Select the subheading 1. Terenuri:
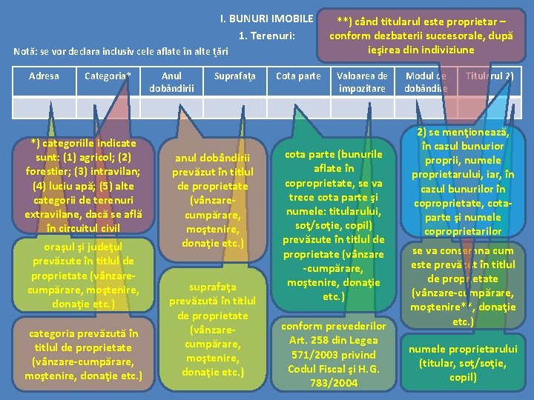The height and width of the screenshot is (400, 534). [x=267, y=36]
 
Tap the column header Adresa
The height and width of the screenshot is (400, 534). [x=43, y=76]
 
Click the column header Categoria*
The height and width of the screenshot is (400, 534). [x=108, y=76]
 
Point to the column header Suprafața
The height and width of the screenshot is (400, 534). [x=234, y=76]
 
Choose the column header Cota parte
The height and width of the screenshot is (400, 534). [x=298, y=76]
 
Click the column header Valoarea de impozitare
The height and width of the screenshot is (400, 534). [x=362, y=81]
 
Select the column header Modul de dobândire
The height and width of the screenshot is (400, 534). [x=426, y=81]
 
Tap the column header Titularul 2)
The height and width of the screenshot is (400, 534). [x=489, y=76]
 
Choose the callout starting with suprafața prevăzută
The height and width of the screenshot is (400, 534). [x=212, y=330]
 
